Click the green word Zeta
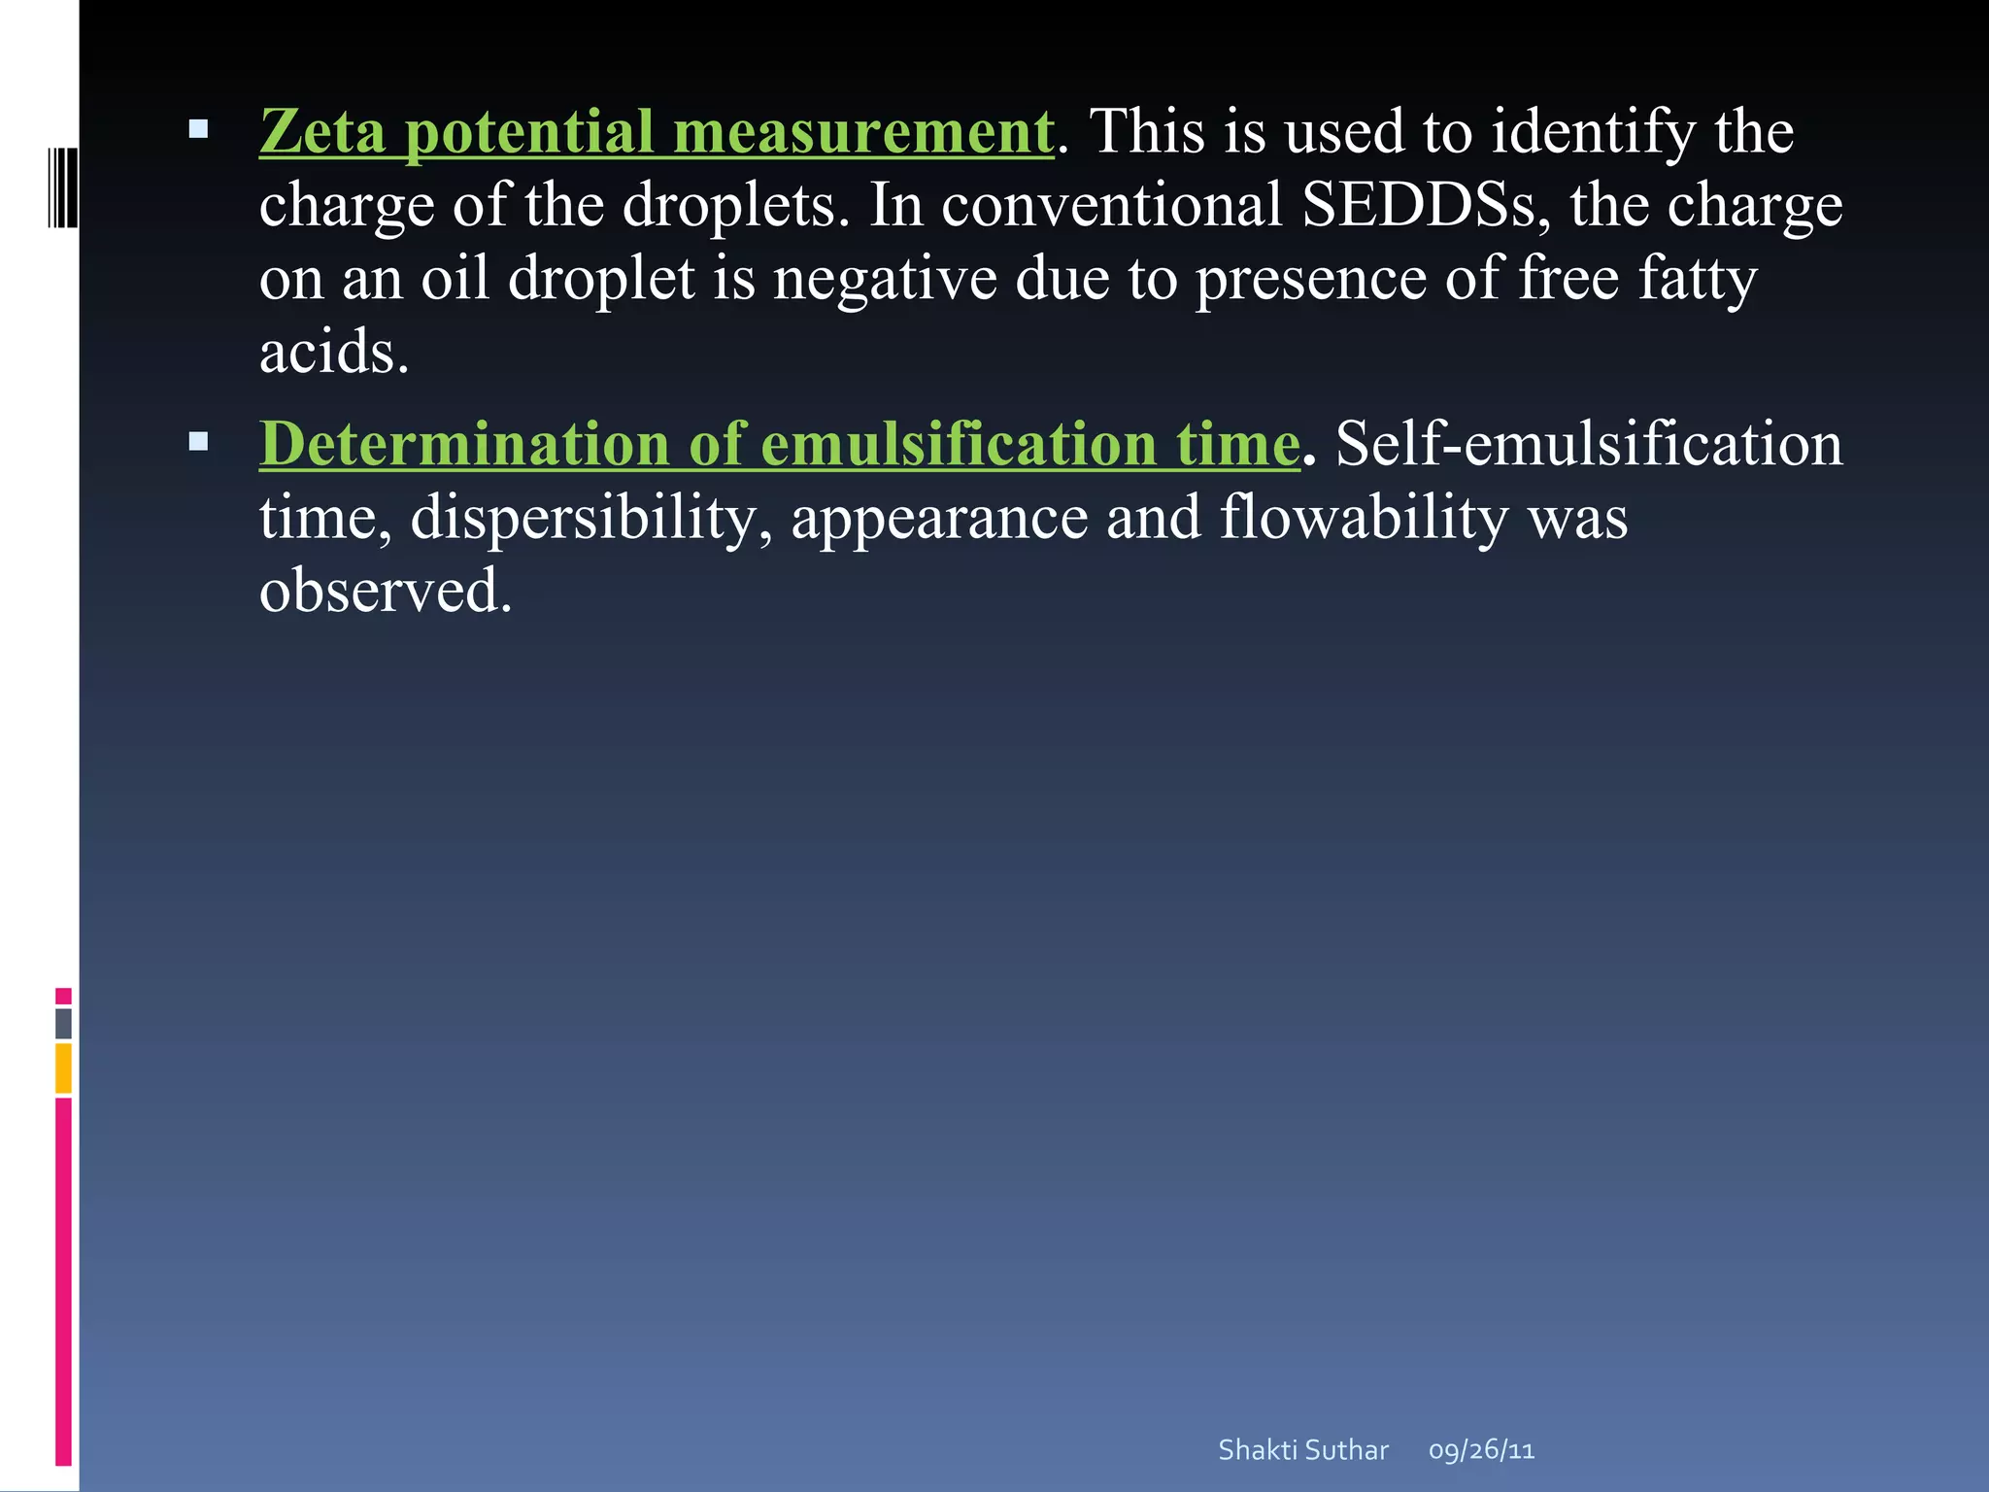click(322, 131)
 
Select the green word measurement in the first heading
click(863, 131)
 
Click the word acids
click(333, 352)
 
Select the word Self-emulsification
click(1589, 444)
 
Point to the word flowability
click(1364, 518)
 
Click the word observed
click(385, 591)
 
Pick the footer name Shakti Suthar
click(1303, 1450)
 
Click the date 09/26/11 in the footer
click(1481, 1450)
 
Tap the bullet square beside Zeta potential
click(199, 128)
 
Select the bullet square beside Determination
click(199, 442)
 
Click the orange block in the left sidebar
click(63, 1068)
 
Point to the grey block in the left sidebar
click(63, 1023)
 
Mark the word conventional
click(1112, 205)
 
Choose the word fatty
click(1698, 279)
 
